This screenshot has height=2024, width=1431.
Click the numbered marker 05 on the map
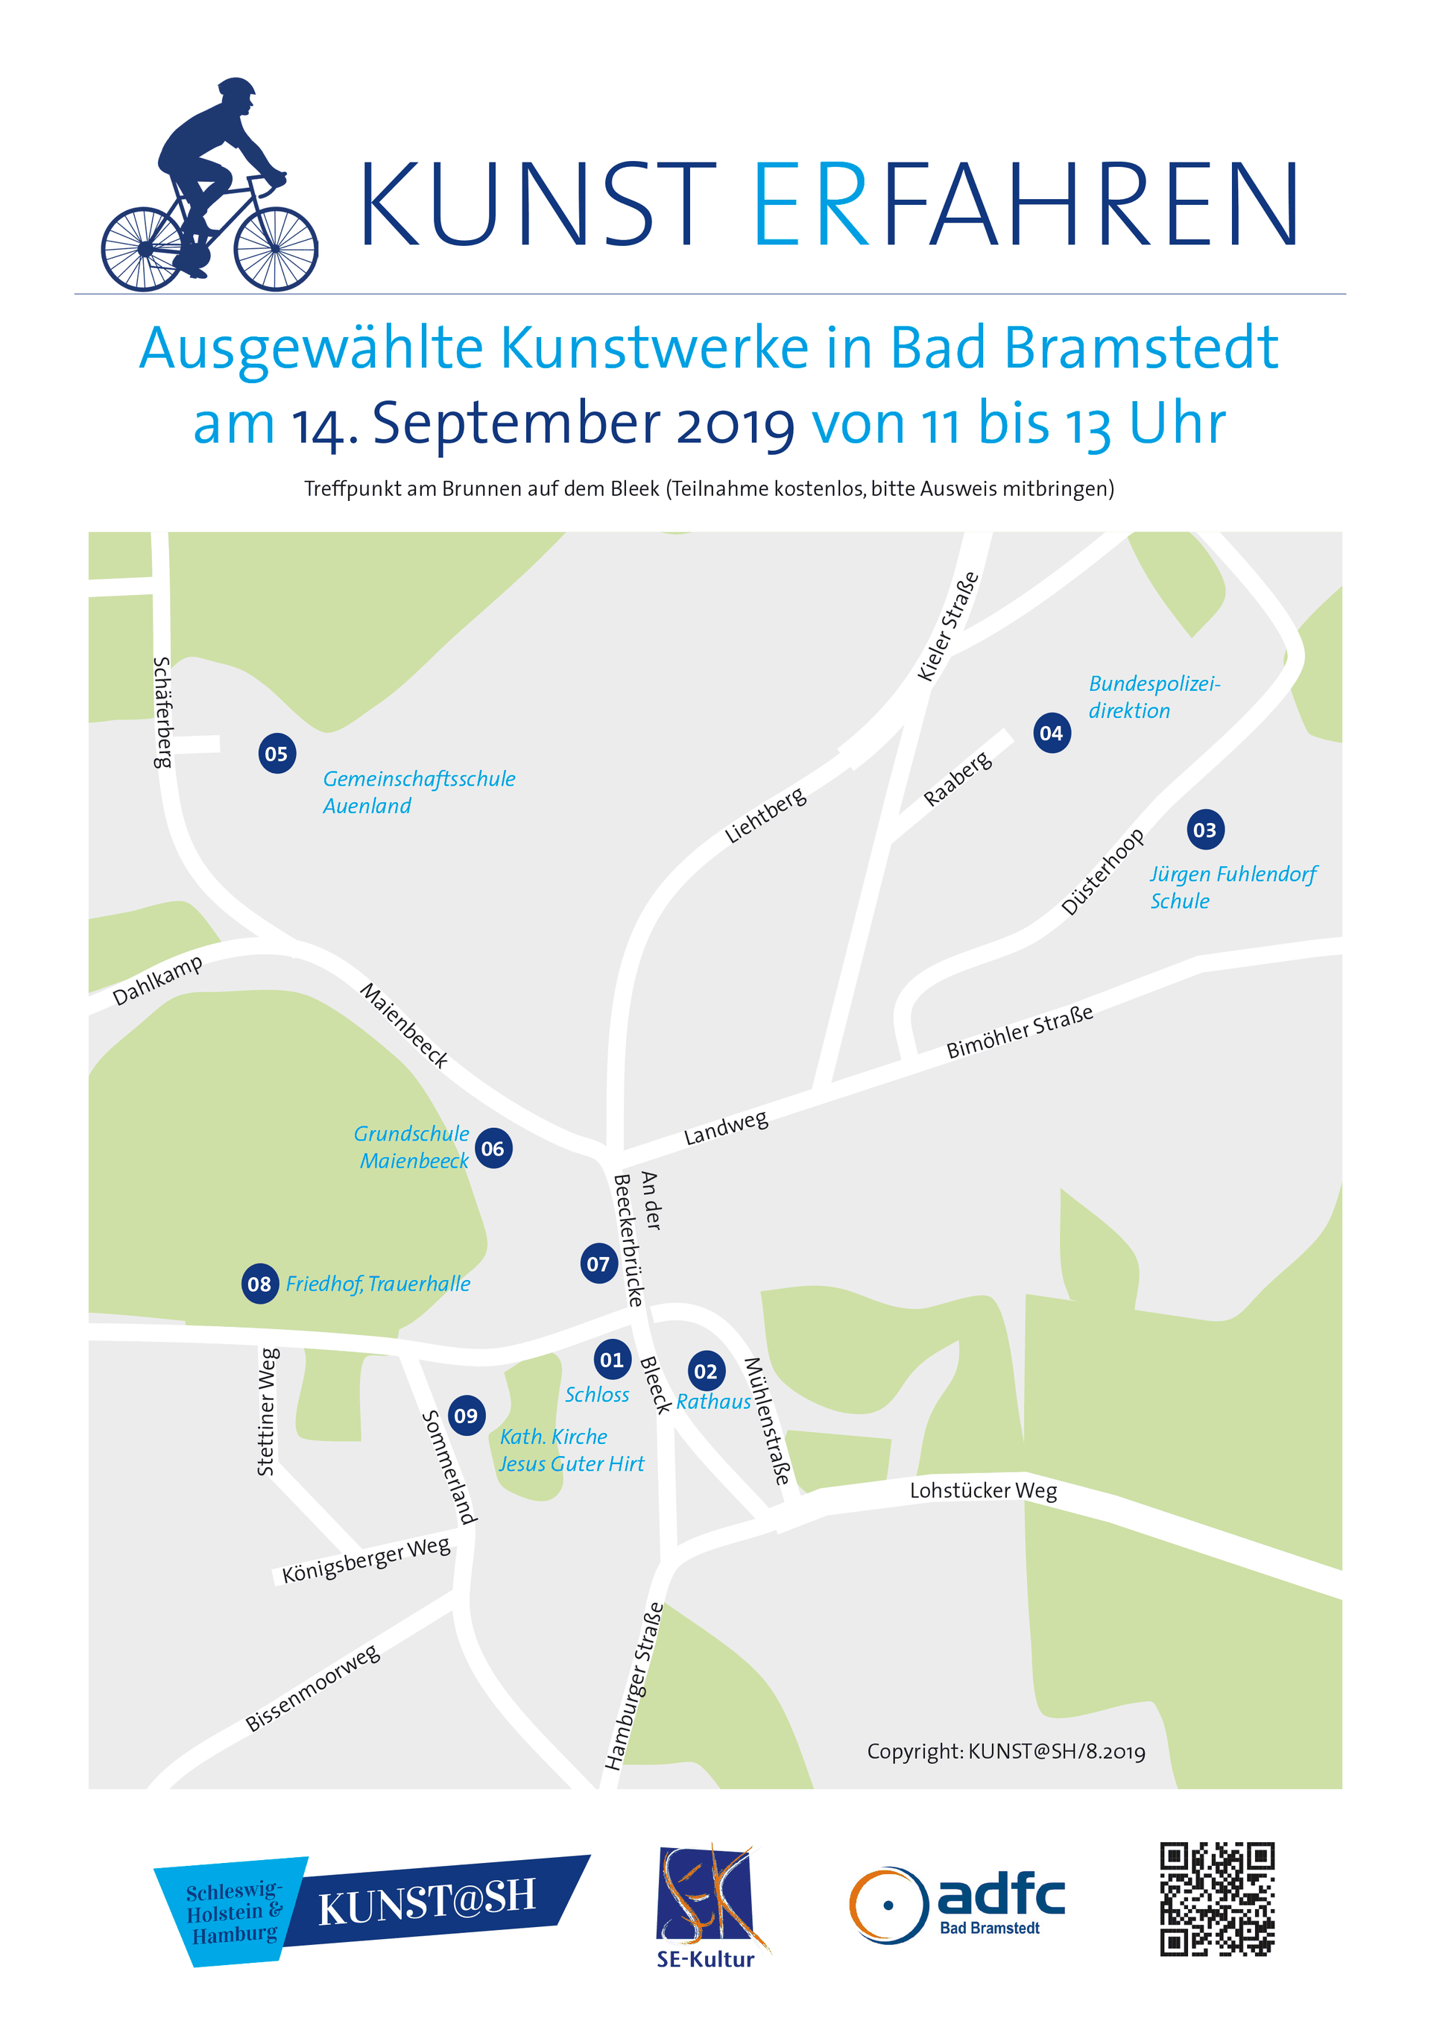pyautogui.click(x=277, y=754)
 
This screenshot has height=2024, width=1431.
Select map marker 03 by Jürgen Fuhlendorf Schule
pyautogui.click(x=1204, y=830)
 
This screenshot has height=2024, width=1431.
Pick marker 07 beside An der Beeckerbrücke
pyautogui.click(x=598, y=1264)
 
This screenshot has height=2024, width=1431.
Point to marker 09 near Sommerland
pyautogui.click(x=466, y=1415)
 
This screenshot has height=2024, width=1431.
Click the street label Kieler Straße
pyautogui.click(x=948, y=626)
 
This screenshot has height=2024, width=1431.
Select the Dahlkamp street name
pyautogui.click(x=158, y=980)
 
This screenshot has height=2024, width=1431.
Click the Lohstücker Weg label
pyautogui.click(x=983, y=1489)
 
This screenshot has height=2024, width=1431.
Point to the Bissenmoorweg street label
pyautogui.click(x=313, y=1687)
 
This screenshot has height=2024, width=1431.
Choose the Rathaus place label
pyautogui.click(x=714, y=1401)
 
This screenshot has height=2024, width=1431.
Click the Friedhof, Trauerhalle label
pyautogui.click(x=378, y=1284)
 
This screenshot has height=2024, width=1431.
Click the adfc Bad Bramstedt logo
pyautogui.click(x=957, y=1904)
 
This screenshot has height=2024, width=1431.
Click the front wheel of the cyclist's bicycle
pyautogui.click(x=276, y=250)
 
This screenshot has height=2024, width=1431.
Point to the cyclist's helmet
pyautogui.click(x=236, y=88)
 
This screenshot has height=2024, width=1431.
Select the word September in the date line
pyautogui.click(x=517, y=423)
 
